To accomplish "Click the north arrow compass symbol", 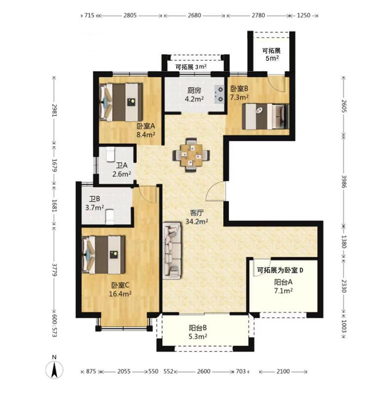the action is [54, 369].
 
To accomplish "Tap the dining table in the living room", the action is [191, 155].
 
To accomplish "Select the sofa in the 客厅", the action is [172, 251].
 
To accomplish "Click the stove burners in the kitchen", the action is [219, 94].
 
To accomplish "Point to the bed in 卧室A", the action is [121, 102].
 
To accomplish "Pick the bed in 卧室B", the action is [266, 117].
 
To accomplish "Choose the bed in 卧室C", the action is [104, 255].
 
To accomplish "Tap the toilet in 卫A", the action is [110, 154].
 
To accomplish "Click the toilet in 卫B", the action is [110, 217].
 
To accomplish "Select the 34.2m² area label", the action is [196, 221].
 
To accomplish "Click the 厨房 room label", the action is [194, 90].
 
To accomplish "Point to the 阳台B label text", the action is [198, 328].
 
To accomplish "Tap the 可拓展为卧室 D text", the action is [280, 270].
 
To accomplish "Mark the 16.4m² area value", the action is [120, 294].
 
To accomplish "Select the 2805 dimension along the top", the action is [130, 15].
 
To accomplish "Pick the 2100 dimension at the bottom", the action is [283, 371].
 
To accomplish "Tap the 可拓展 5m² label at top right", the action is [272, 54].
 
